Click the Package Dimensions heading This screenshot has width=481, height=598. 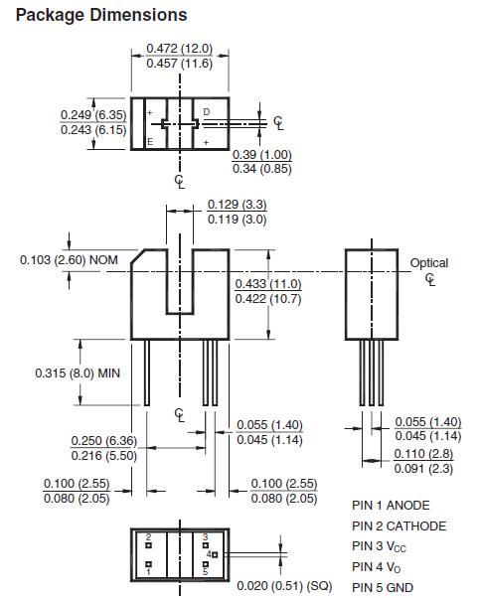(101, 15)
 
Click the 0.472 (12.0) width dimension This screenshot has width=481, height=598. (179, 49)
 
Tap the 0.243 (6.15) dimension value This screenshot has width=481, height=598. (93, 130)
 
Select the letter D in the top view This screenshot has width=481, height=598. (207, 111)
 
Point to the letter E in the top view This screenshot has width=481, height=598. (150, 142)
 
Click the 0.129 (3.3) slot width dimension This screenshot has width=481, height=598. (237, 205)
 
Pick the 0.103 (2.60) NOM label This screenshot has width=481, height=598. (69, 260)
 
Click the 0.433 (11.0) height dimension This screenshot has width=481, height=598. (268, 284)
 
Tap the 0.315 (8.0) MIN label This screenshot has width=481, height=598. (78, 373)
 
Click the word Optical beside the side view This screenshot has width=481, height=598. (429, 263)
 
